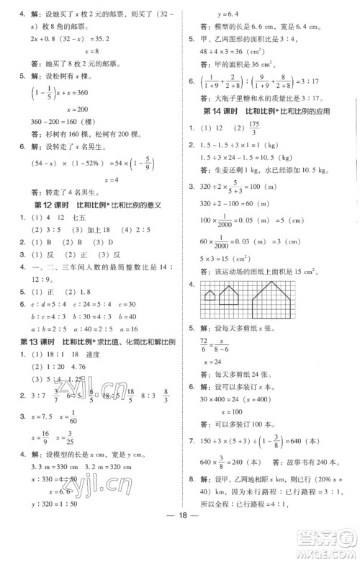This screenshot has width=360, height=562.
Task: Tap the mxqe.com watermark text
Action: click(335, 555)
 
